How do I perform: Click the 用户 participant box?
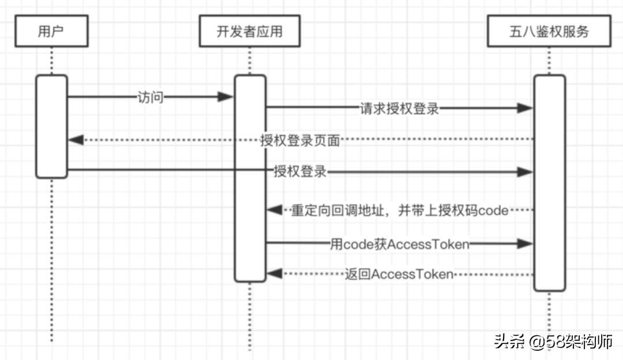tap(51, 31)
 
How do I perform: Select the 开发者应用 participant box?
tap(250, 31)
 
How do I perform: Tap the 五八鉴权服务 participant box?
tap(549, 31)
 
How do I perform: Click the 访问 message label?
tap(151, 97)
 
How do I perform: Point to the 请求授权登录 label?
tap(400, 108)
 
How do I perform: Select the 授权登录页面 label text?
tap(300, 140)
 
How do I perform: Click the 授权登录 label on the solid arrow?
tap(300, 171)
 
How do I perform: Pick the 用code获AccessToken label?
tap(399, 244)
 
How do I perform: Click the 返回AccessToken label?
tap(399, 274)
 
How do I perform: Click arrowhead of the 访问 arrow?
tap(226, 97)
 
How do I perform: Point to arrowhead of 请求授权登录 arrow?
tap(526, 108)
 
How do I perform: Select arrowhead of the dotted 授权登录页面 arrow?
tap(76, 140)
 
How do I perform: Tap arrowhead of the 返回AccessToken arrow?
tap(274, 274)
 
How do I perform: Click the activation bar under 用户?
tap(51, 126)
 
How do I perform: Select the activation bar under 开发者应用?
tap(250, 178)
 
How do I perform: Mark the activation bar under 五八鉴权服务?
tap(549, 182)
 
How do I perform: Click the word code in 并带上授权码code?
tap(493, 211)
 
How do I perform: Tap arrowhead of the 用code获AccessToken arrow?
tap(526, 244)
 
